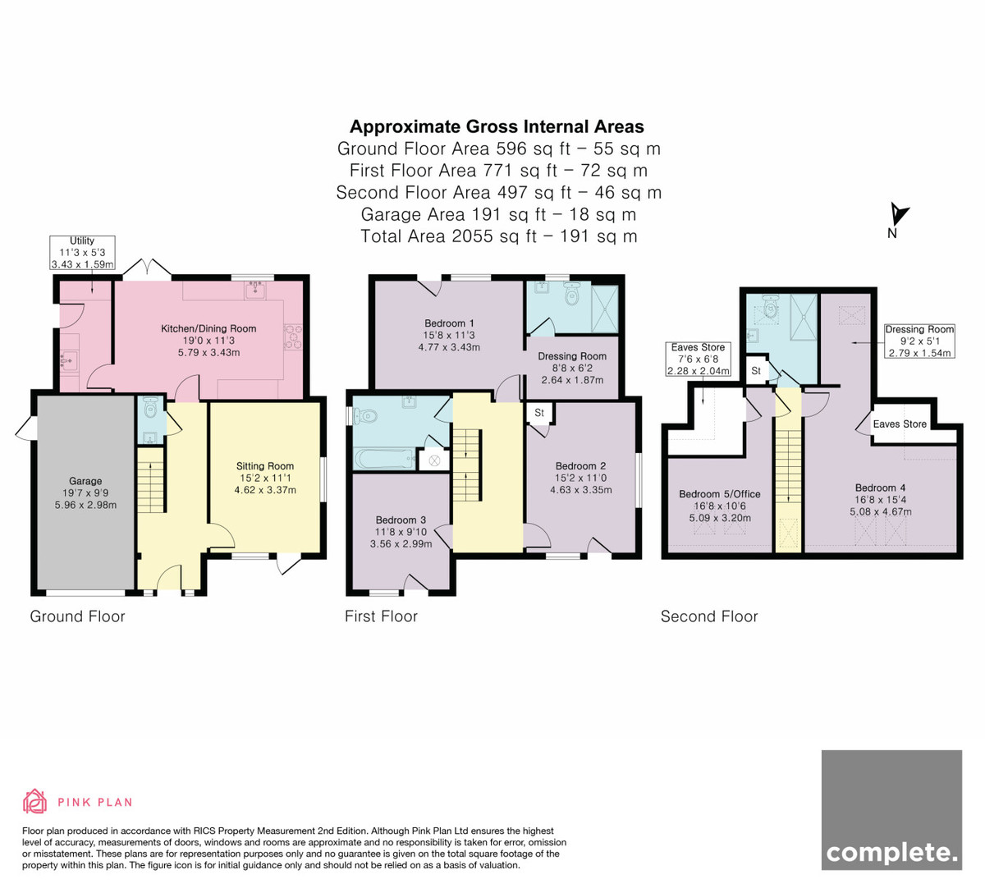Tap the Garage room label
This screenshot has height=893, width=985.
point(85,481)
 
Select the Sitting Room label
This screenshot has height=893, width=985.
point(265,466)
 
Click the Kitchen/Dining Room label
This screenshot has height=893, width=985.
point(208,328)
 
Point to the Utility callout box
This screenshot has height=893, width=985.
point(82,253)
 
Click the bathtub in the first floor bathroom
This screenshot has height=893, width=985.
point(386,459)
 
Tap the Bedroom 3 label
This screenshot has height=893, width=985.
point(401,520)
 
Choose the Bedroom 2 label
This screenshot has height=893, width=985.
point(581,465)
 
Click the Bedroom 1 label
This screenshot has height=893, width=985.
point(449,323)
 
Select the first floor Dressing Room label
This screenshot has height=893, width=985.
point(572,356)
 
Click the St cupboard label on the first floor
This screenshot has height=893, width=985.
point(539,413)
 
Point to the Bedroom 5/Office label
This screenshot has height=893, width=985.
point(720,494)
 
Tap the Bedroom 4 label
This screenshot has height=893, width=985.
point(881,488)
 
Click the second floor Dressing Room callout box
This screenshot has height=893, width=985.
point(919,341)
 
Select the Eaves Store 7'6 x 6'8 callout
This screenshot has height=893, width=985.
point(698,359)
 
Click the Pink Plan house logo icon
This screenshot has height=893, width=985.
point(34,801)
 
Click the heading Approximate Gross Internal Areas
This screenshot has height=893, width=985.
point(497,126)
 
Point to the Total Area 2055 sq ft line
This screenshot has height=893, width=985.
point(499,236)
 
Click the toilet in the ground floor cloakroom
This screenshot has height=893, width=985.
point(151,407)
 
